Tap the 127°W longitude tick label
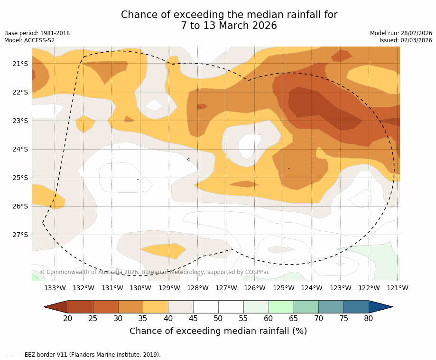click(x=226, y=288)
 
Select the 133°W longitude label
click(x=55, y=288)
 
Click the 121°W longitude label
click(x=398, y=288)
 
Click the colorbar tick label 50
click(x=218, y=318)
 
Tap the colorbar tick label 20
click(x=68, y=318)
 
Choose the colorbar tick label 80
click(x=369, y=318)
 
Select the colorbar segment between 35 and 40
click(x=156, y=307)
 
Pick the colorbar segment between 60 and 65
click(x=281, y=307)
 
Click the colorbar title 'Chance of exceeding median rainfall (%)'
click(x=218, y=331)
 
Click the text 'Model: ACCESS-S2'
click(x=29, y=40)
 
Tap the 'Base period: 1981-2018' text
click(x=37, y=33)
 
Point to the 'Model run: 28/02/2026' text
click(x=401, y=33)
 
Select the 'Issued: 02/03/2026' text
click(x=406, y=40)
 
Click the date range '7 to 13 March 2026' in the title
click(x=229, y=26)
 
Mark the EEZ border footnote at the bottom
click(x=83, y=355)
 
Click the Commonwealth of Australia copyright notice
click(x=155, y=272)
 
